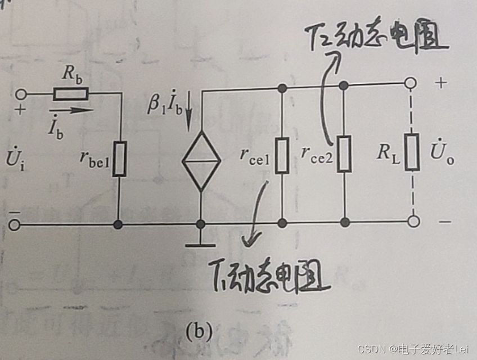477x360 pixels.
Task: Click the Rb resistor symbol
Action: [x=68, y=93]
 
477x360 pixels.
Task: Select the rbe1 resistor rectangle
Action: [x=119, y=159]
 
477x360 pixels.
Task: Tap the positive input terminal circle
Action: [x=22, y=94]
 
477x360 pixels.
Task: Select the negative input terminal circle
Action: [x=15, y=225]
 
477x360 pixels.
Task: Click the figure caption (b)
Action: [x=199, y=332]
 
